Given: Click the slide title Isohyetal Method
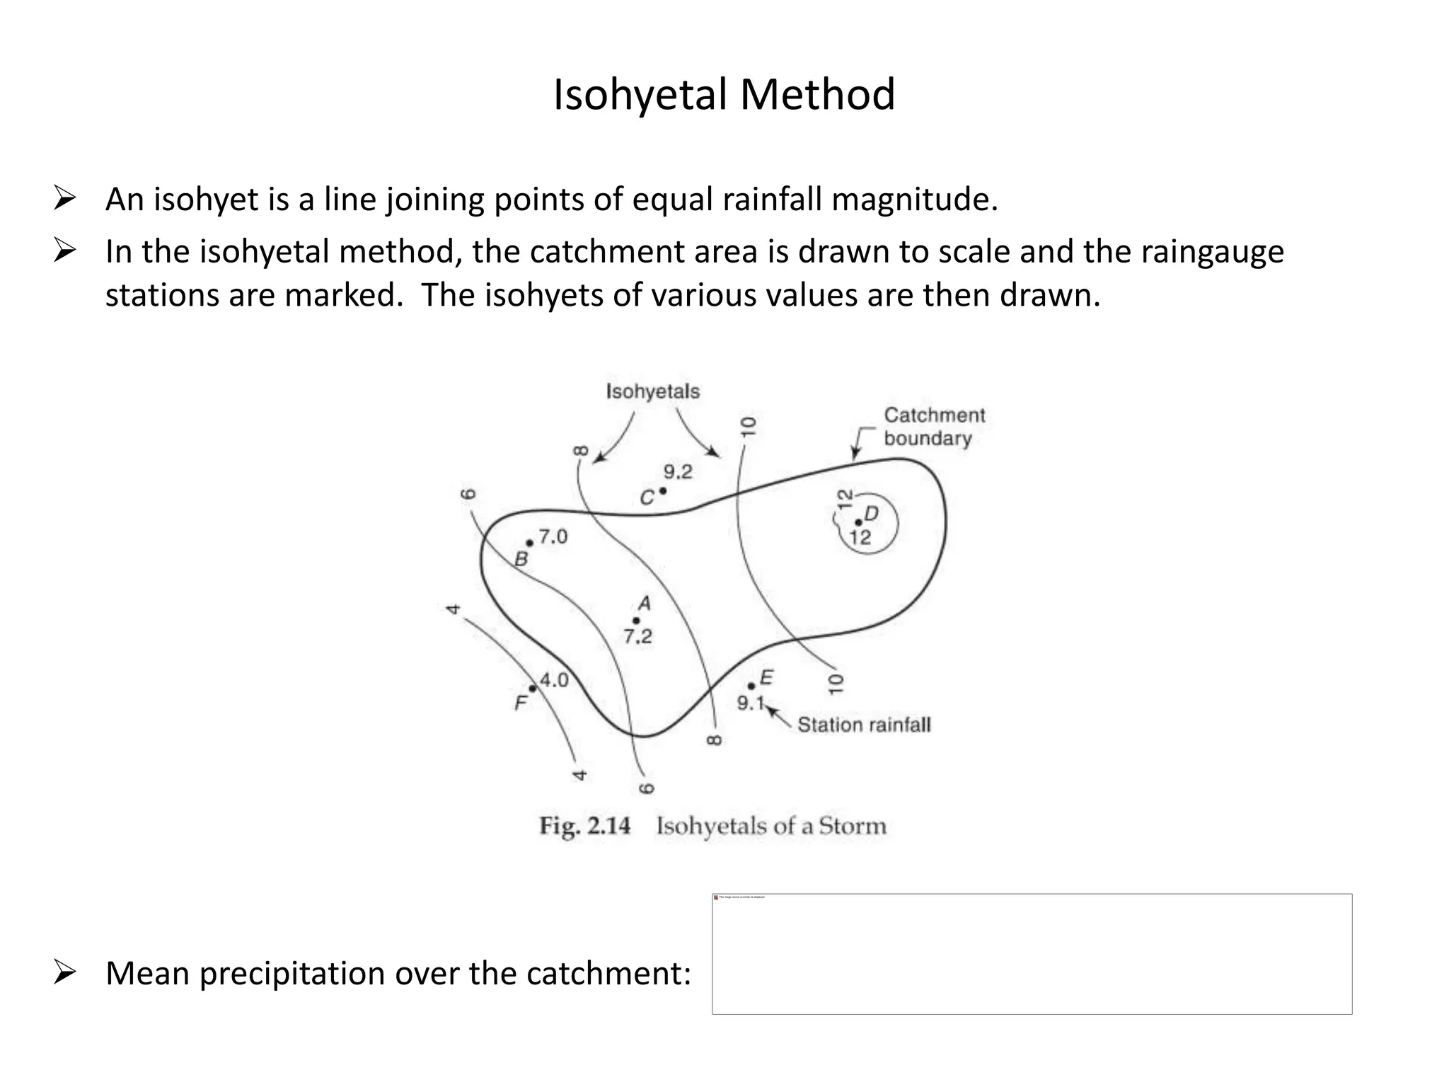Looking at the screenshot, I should (724, 95).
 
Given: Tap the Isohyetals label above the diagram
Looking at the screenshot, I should (652, 391).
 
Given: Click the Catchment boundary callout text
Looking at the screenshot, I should (933, 426).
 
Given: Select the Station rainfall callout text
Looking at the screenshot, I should (864, 725).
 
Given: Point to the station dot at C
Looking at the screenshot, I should (663, 490).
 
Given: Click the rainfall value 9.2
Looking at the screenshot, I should (678, 472).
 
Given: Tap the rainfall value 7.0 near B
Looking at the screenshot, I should (553, 537).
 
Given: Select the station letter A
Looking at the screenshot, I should (644, 604).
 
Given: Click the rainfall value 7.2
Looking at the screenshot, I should (637, 637).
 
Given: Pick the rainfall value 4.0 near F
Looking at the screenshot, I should (554, 680).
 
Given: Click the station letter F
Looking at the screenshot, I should (521, 703).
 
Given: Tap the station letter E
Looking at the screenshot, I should (766, 679).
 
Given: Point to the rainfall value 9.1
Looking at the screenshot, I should (751, 703).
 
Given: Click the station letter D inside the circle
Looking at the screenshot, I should (872, 514).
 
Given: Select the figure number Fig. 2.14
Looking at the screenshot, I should (584, 826).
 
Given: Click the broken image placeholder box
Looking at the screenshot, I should (1032, 953).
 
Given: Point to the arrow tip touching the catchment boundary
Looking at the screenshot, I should (855, 459).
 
